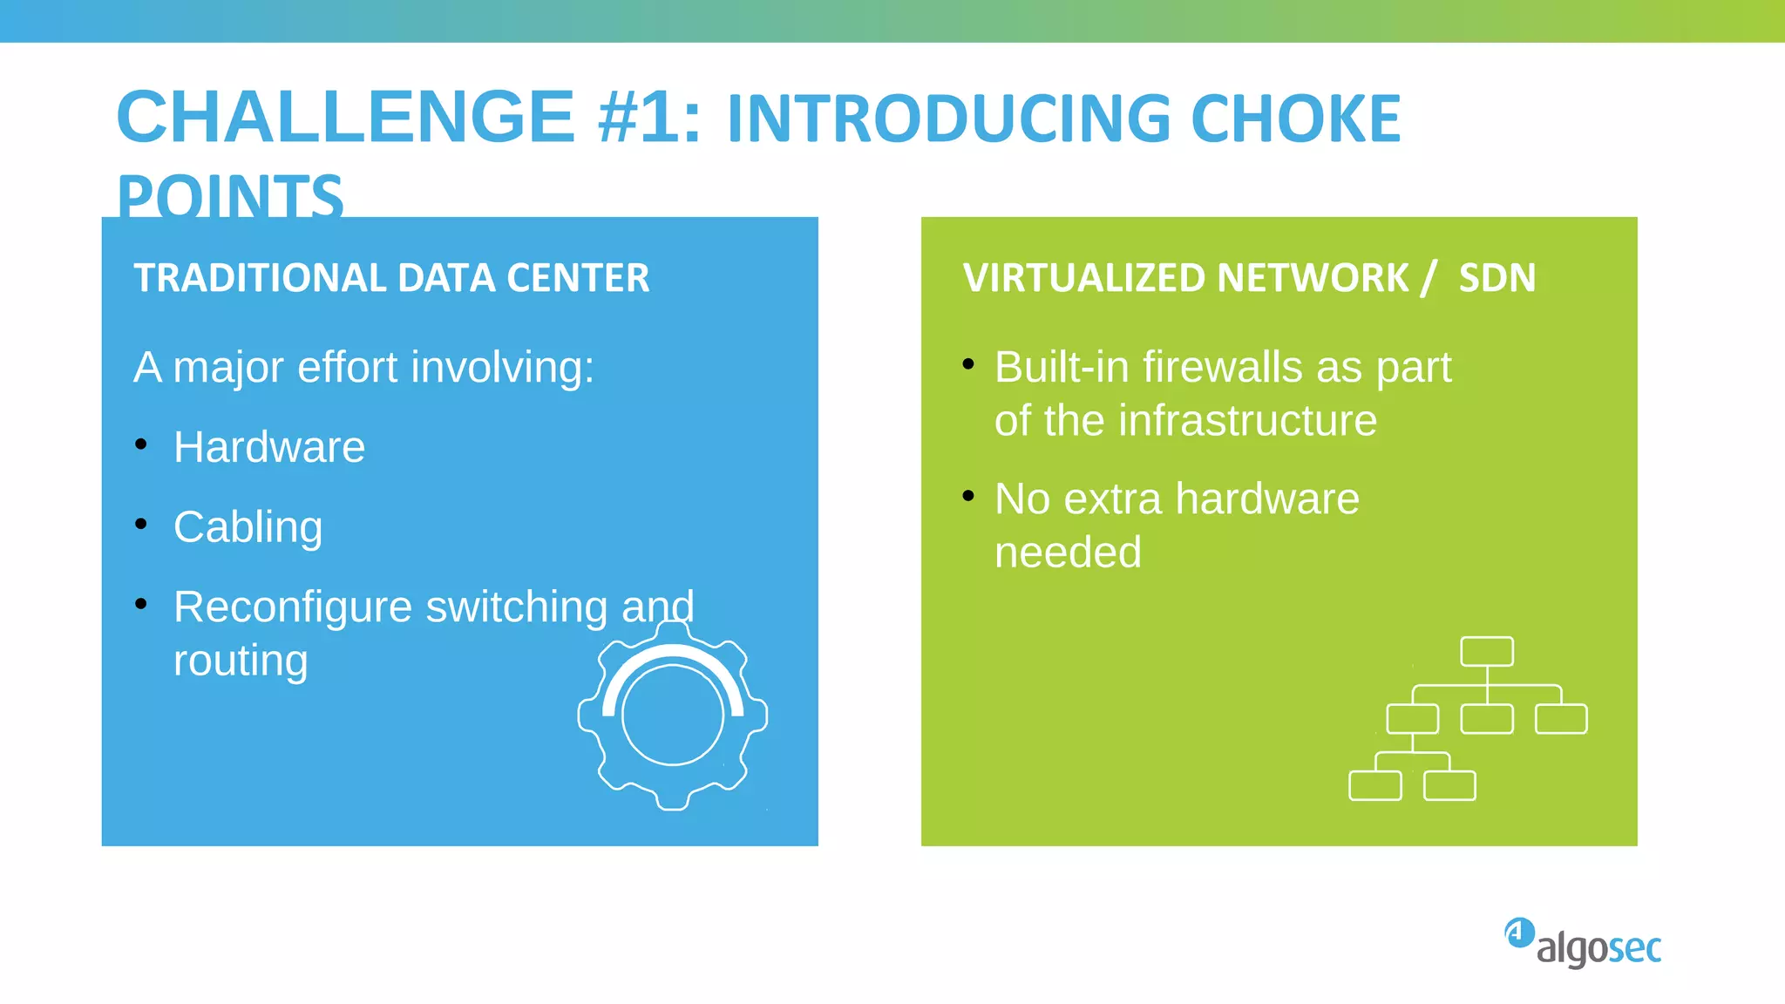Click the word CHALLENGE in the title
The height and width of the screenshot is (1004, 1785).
click(x=344, y=118)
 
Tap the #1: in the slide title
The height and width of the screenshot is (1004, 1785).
click(x=649, y=118)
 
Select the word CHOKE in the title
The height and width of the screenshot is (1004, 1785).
click(x=1295, y=119)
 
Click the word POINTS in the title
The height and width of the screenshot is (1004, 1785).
click(x=230, y=196)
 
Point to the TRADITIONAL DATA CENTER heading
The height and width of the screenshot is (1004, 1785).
click(x=391, y=278)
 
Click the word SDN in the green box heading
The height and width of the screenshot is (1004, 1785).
click(x=1497, y=278)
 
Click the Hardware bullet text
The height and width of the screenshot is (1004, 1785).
click(x=268, y=447)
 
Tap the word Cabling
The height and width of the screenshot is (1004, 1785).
click(x=248, y=527)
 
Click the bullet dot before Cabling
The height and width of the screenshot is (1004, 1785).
click(x=141, y=524)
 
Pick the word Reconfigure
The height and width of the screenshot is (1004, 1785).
click(x=292, y=607)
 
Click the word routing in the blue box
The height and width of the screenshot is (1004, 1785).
click(x=241, y=661)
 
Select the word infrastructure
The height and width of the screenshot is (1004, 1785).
click(x=1247, y=421)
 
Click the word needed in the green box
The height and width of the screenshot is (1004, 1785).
click(x=1068, y=553)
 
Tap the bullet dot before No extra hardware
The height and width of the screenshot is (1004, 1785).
click(x=968, y=496)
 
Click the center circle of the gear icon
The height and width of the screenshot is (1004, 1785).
click(x=673, y=715)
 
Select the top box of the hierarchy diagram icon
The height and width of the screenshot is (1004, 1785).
click(x=1486, y=651)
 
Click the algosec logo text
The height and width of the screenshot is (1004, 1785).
click(x=1598, y=948)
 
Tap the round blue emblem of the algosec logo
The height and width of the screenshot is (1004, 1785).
click(x=1519, y=933)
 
